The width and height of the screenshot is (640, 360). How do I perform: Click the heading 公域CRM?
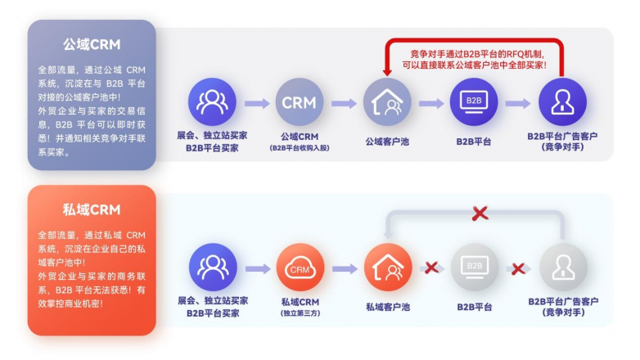[x=92, y=43]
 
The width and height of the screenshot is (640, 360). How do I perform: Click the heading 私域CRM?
[x=92, y=209]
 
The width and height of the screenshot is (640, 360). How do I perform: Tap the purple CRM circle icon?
[x=299, y=102]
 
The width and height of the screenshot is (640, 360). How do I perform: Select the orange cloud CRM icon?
[x=299, y=268]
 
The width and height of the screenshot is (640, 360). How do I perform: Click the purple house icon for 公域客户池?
[x=387, y=102]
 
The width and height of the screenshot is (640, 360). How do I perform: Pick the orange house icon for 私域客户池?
[x=387, y=268]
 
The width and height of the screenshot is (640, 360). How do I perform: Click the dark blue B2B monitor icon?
[x=474, y=102]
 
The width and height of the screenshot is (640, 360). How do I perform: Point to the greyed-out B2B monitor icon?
[x=474, y=268]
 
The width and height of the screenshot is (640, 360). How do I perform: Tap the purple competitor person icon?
[x=562, y=102]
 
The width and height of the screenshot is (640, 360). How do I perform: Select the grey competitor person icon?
[x=562, y=268]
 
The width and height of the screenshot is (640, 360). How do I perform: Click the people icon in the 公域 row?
[x=212, y=102]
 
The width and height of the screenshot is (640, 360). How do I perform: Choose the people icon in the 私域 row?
[x=212, y=268]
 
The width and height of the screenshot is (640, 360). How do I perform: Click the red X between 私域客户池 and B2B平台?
[x=431, y=268]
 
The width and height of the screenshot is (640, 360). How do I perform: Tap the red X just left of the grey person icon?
[x=518, y=268]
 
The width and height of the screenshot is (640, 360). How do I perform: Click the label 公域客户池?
[x=387, y=140]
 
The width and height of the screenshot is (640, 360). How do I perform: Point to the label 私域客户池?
[x=387, y=306]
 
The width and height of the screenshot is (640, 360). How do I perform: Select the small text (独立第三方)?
[x=299, y=313]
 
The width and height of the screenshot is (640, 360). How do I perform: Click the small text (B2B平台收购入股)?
[x=299, y=148]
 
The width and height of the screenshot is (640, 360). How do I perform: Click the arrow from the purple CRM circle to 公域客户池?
[x=344, y=103]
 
